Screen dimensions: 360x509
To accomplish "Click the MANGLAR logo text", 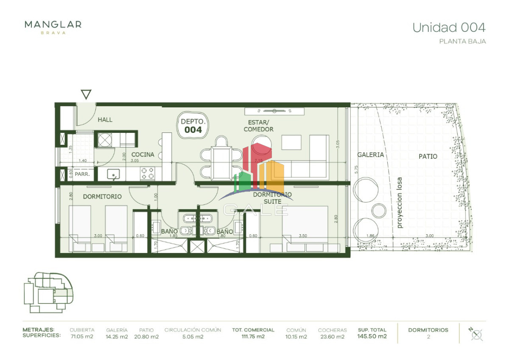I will click(53, 25).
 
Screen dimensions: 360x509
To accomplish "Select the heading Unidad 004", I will click(449, 28).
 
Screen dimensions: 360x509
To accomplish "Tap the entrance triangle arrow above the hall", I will click(86, 94).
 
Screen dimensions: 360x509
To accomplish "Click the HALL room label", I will click(105, 120).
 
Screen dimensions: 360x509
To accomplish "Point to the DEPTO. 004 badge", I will click(193, 125).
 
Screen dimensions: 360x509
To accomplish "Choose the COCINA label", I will click(143, 155).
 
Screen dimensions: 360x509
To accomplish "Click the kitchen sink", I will click(114, 174).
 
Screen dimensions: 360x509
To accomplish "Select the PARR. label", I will click(81, 174).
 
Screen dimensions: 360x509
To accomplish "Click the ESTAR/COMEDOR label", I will click(258, 126).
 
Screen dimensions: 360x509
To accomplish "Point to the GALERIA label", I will click(370, 155).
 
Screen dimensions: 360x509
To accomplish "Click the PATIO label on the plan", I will click(428, 156).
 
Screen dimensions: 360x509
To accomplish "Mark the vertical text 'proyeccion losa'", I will click(399, 202).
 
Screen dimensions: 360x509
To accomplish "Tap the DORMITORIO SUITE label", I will click(272, 198).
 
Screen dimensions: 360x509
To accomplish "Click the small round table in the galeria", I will click(379, 210).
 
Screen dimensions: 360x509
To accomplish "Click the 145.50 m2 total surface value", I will click(372, 337).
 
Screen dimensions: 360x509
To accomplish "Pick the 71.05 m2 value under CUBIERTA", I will click(82, 337).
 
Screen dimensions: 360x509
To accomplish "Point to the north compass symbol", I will click(477, 334).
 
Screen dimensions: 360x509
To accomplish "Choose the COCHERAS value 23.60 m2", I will click(332, 337).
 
